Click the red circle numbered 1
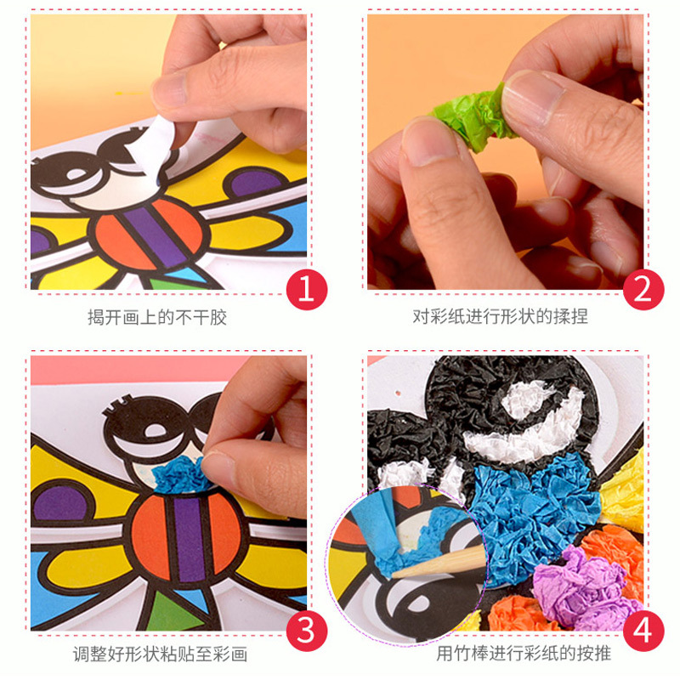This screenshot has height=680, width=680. coord(307,290)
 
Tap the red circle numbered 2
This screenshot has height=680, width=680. coord(643,290)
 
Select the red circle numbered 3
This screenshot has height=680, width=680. coord(307,631)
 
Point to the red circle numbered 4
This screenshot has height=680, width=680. coord(643,631)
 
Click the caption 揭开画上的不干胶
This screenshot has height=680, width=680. coord(157,317)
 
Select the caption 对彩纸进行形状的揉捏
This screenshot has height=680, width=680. coord(500,316)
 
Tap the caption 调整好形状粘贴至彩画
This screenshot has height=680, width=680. coord(160,654)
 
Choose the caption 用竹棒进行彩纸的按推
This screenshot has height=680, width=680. coord(524,653)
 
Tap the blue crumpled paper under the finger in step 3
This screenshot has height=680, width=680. coord(178,475)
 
